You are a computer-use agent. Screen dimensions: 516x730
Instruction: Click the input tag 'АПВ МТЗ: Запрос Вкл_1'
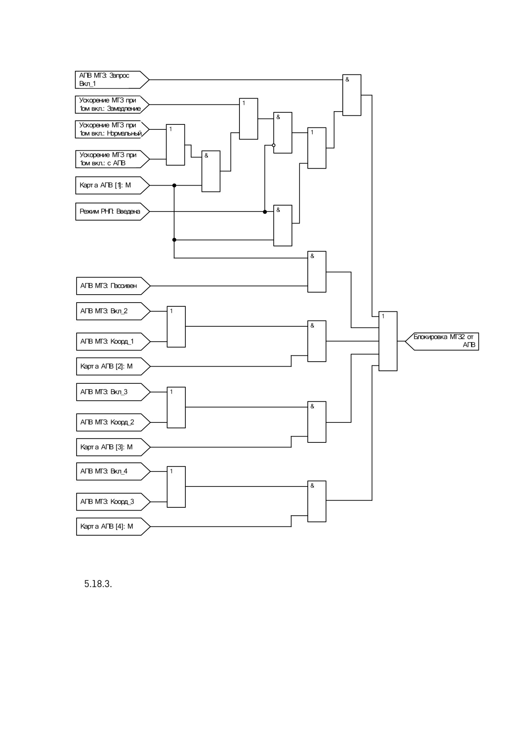coord(112,79)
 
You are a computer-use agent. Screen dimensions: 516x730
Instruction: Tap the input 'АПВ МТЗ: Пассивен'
coord(113,286)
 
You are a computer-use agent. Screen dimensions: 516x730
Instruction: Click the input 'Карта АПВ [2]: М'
coord(113,366)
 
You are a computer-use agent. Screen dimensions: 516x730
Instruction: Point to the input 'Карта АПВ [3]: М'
coord(113,447)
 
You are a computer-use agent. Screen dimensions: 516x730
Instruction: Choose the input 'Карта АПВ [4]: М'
coord(113,526)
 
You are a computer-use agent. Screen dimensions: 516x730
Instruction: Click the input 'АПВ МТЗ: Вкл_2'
coord(113,311)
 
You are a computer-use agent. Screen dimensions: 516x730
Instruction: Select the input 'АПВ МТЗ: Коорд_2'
coord(113,422)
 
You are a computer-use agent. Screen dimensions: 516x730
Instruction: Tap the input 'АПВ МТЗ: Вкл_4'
coord(113,471)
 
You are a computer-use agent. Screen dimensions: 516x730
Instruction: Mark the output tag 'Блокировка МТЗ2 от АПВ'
coord(442,341)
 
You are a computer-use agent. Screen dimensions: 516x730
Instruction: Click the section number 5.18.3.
coord(98,584)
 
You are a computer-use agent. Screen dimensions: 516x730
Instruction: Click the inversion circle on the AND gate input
coord(274,145)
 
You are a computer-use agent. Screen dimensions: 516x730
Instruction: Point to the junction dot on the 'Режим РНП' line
coord(265,212)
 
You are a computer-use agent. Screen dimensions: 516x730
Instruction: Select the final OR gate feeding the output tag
coord(388,341)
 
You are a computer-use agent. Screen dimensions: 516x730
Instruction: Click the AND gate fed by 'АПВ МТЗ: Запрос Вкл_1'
coord(351,95)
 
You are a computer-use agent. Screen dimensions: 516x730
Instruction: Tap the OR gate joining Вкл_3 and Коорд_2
coord(176,407)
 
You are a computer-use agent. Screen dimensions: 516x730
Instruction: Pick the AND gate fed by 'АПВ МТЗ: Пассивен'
coord(317,272)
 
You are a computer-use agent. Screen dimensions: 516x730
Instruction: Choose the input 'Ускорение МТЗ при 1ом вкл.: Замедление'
coord(112,104)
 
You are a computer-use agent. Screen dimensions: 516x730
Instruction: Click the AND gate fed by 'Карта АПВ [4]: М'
coord(317,502)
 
